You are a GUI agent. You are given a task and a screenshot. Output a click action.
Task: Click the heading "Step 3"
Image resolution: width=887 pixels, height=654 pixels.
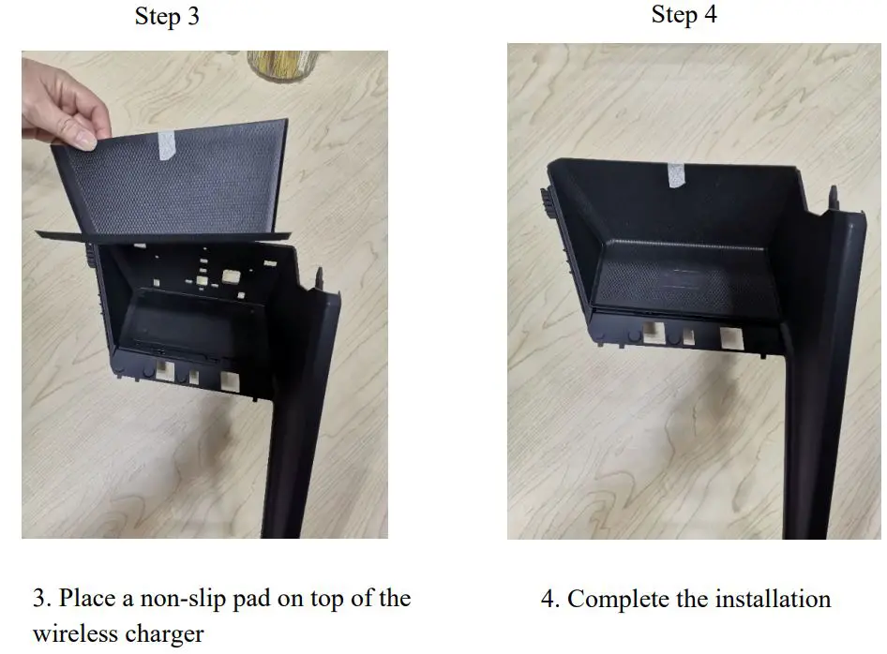click(x=167, y=17)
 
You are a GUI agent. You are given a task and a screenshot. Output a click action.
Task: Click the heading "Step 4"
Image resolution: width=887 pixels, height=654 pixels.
click(x=684, y=14)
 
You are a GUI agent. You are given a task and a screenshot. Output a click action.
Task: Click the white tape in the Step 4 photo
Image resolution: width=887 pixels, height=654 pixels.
click(x=675, y=174)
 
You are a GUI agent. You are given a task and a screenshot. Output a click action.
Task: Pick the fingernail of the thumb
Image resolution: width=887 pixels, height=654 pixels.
click(x=84, y=141)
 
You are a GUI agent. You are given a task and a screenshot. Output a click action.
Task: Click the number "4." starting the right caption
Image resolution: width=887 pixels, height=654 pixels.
click(x=550, y=599)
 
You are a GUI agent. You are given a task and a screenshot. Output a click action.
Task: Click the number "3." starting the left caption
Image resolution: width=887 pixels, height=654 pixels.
click(x=41, y=599)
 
